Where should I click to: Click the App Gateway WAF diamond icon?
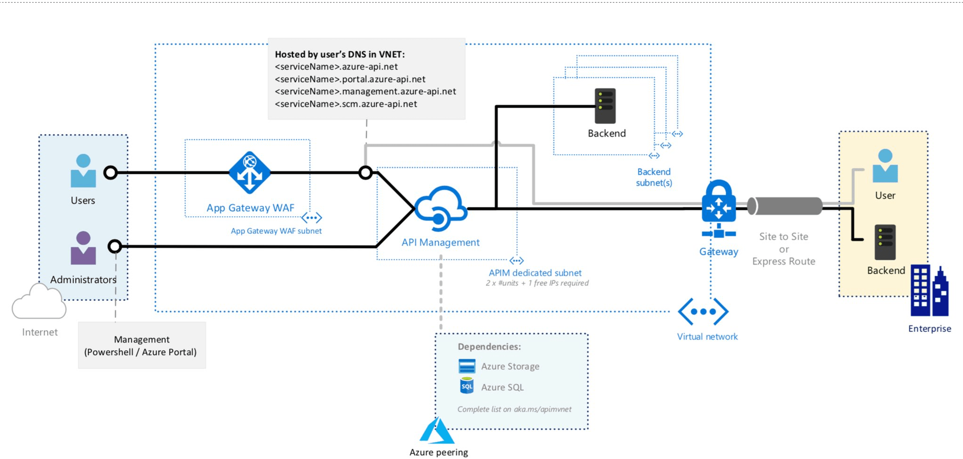tap(250, 173)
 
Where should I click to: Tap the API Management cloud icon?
tap(441, 209)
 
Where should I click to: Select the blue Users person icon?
tap(83, 171)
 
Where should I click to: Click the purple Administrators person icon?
tap(83, 248)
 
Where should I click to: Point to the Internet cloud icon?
tap(39, 303)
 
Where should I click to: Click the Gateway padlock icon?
tap(718, 202)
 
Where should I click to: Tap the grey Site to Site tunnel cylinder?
tap(785, 206)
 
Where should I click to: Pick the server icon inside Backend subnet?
tap(605, 106)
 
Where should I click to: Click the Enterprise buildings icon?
tap(929, 291)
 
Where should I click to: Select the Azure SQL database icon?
tap(466, 386)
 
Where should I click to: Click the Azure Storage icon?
tap(466, 366)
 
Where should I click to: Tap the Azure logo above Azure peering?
tap(437, 431)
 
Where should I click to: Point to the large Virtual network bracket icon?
tap(703, 311)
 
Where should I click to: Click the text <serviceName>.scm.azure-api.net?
tap(346, 104)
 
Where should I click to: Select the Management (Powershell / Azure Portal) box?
tap(142, 346)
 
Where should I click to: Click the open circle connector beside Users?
tap(111, 173)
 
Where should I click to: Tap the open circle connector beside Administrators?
tap(115, 246)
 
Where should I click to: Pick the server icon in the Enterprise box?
tap(885, 243)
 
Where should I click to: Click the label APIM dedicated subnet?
tap(535, 273)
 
